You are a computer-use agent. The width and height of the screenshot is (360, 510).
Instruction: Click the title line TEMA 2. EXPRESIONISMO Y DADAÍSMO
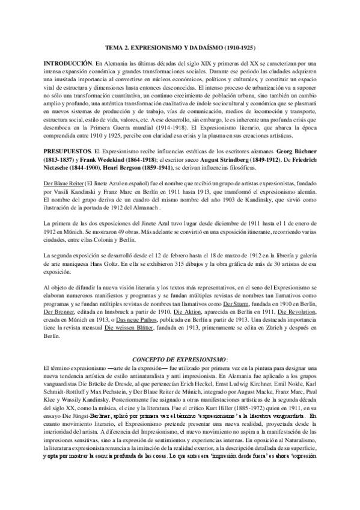pos(180,46)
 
